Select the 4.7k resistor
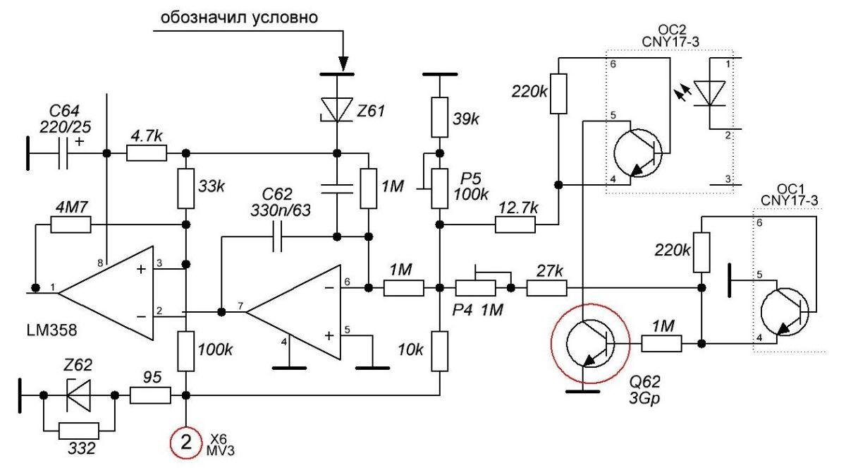(147, 153)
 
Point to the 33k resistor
(186, 188)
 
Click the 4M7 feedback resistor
(70, 225)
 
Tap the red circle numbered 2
(186, 442)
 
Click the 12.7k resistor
(515, 225)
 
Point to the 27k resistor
(547, 288)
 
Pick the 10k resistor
(439, 351)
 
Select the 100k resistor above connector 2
(186, 351)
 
